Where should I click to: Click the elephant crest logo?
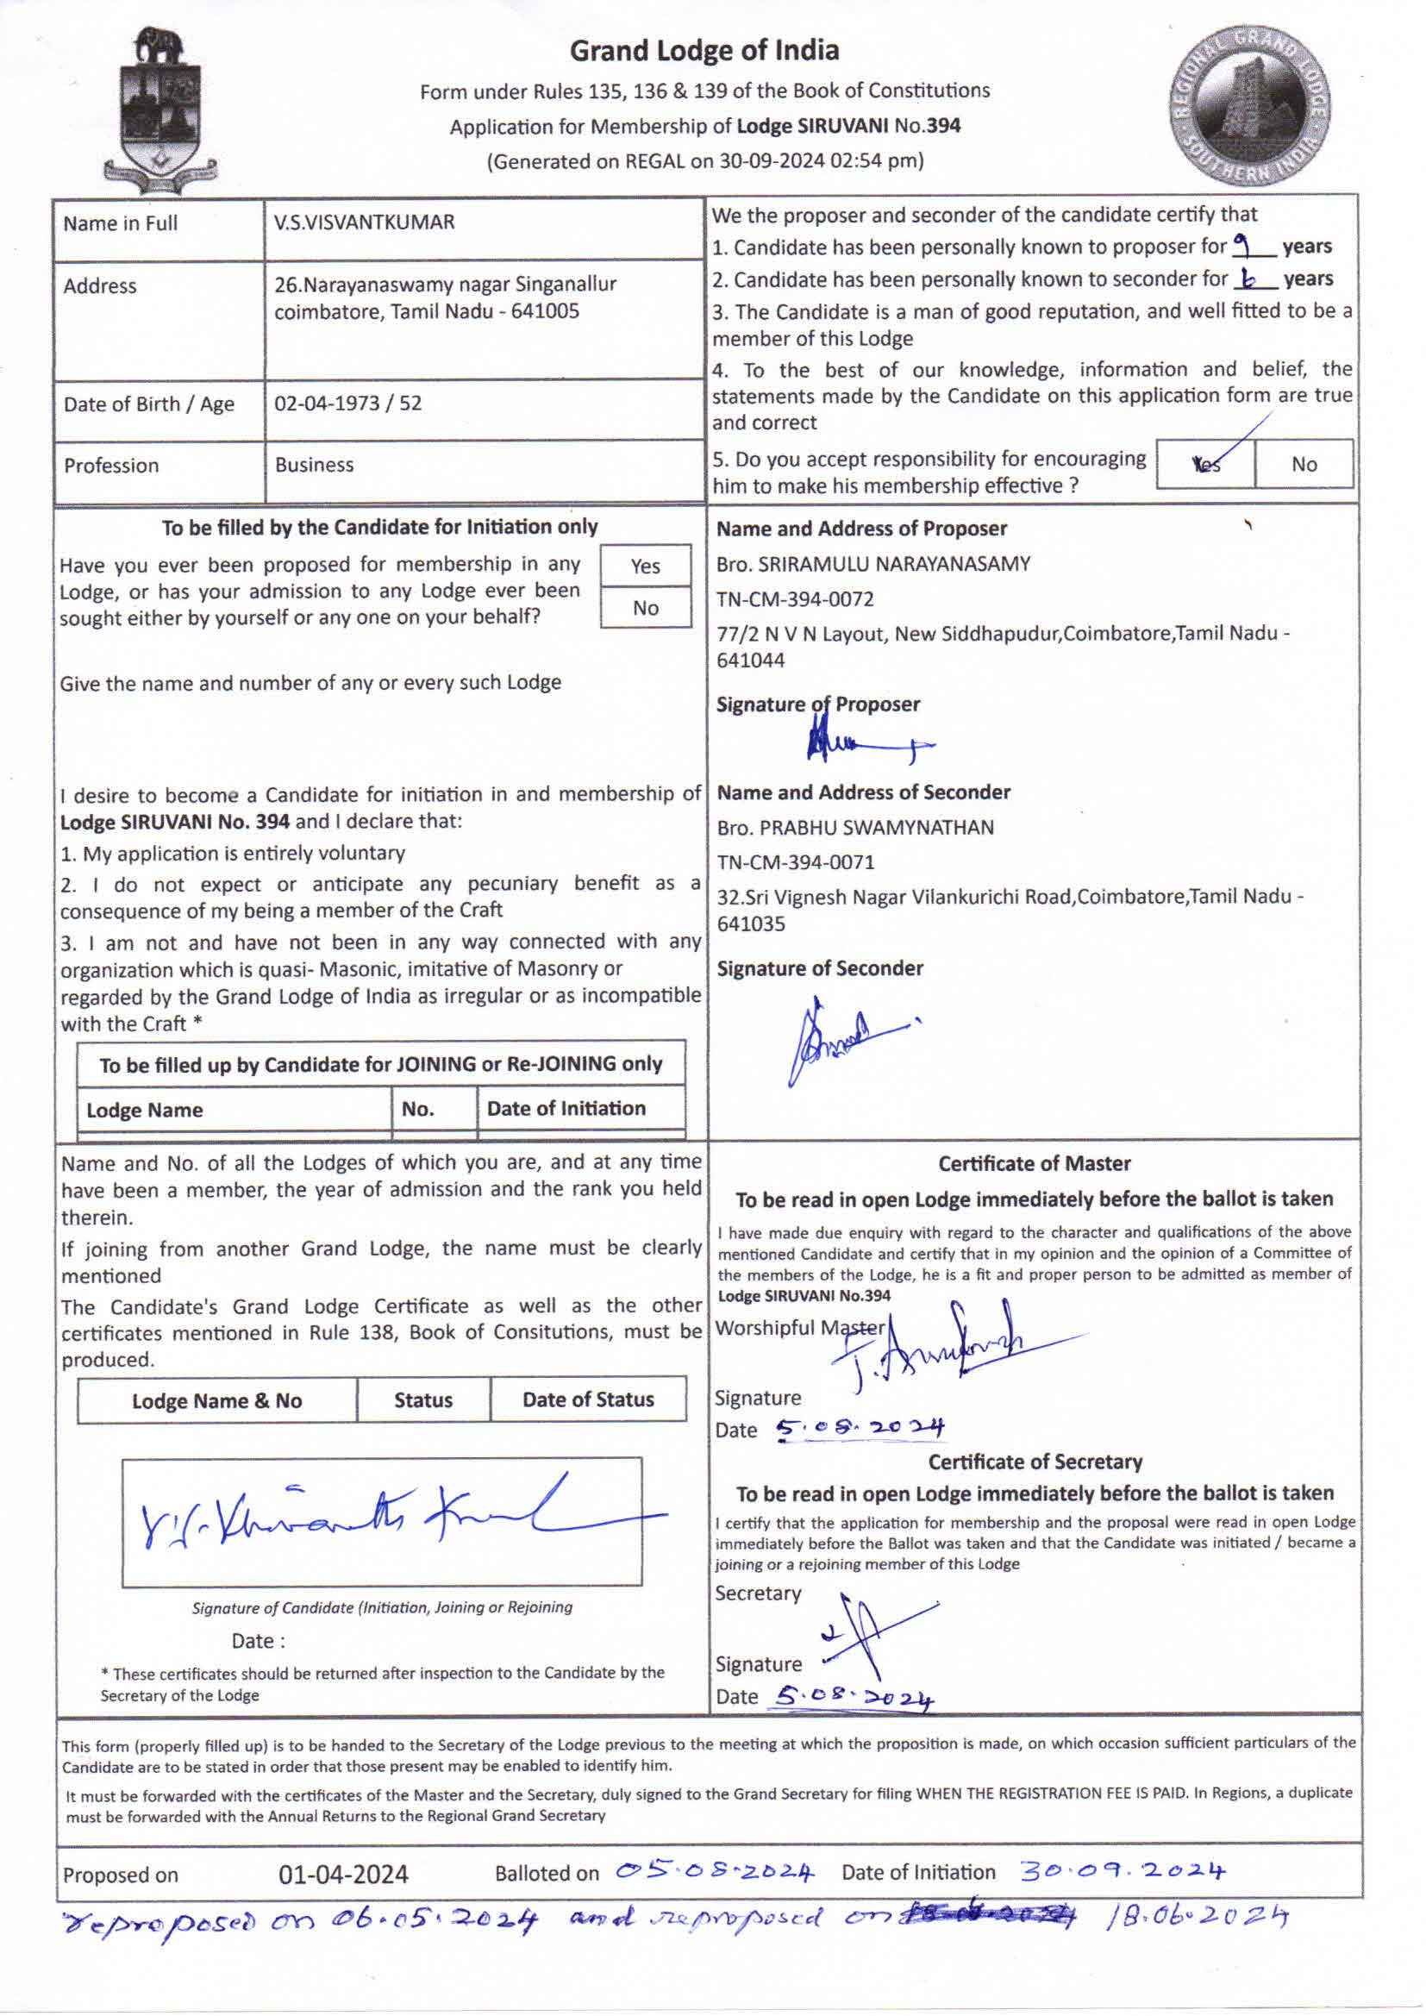point(159,110)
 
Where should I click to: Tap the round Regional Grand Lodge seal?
point(1248,105)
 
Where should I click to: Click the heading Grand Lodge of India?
point(704,51)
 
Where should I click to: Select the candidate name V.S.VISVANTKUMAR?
point(364,222)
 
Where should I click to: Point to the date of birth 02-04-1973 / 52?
point(347,403)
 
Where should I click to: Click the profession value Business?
point(314,465)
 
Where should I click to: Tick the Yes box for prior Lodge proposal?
point(646,567)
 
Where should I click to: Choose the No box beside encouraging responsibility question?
point(1304,465)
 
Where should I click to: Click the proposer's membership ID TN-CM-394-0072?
point(795,599)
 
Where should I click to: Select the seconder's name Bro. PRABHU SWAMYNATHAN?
point(855,827)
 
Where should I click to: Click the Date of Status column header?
point(587,1399)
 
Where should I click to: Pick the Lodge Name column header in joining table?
point(144,1110)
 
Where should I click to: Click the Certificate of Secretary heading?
point(1035,1462)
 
